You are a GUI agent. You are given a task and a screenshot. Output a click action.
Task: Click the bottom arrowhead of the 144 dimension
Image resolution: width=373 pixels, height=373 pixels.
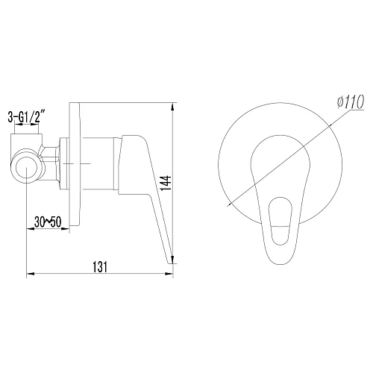tap(174, 261)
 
